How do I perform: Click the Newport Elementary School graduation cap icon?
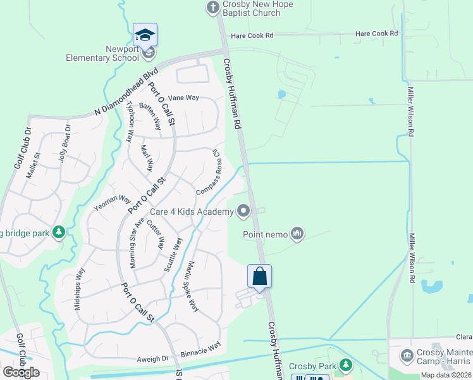click(x=145, y=35)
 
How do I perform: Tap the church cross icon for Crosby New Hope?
click(x=212, y=8)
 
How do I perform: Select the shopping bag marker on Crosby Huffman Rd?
click(x=259, y=276)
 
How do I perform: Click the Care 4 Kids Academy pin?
click(x=243, y=212)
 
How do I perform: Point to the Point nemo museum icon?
click(x=297, y=235)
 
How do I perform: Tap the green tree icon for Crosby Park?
click(x=345, y=365)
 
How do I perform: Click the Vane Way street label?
click(x=183, y=98)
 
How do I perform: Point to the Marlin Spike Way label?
click(x=192, y=286)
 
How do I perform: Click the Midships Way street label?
click(x=79, y=289)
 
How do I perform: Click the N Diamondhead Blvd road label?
click(x=126, y=92)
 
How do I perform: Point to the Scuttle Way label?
click(x=173, y=255)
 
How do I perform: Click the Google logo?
click(x=21, y=372)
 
